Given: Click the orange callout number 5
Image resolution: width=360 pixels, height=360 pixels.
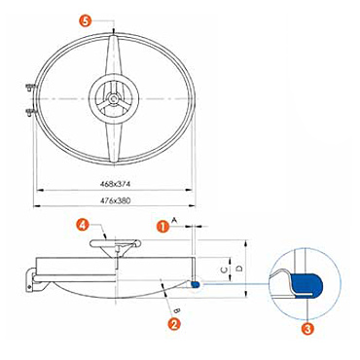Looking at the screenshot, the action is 85,21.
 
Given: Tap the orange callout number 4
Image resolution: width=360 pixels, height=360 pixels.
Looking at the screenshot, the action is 83,225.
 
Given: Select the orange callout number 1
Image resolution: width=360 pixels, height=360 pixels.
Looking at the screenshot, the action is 162,226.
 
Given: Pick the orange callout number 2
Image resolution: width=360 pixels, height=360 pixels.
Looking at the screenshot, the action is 174,323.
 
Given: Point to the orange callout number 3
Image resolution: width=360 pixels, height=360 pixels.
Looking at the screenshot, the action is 307,329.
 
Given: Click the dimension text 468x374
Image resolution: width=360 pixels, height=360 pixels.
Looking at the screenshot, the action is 115,184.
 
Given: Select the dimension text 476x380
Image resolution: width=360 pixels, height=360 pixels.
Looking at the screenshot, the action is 115,200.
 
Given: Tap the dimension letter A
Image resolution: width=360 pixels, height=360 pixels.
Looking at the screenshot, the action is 174,220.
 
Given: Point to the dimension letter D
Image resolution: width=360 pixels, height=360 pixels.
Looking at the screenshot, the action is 239,269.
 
